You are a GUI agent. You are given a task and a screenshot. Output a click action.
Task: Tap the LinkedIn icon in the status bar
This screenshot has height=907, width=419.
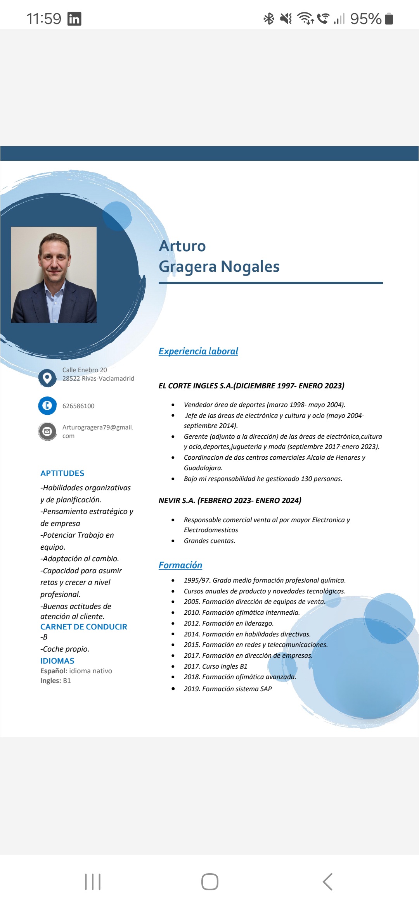pyautogui.click(x=74, y=19)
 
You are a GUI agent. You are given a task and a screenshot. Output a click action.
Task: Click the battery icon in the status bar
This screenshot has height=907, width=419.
pyautogui.click(x=389, y=19)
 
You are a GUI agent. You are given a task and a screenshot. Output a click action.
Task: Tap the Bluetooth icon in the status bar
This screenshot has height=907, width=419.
pyautogui.click(x=268, y=19)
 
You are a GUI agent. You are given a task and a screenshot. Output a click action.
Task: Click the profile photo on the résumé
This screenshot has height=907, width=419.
pyautogui.click(x=54, y=274)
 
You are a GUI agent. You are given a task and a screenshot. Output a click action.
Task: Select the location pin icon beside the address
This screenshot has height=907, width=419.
pyautogui.click(x=47, y=378)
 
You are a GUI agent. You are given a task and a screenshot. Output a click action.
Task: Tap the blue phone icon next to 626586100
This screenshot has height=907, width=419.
pyautogui.click(x=47, y=405)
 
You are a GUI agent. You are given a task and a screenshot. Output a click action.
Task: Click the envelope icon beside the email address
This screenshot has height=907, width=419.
pyautogui.click(x=47, y=431)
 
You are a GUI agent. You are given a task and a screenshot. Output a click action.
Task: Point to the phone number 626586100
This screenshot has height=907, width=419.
pyautogui.click(x=78, y=406)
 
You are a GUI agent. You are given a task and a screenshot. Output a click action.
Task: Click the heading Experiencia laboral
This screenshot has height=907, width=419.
pyautogui.click(x=198, y=351)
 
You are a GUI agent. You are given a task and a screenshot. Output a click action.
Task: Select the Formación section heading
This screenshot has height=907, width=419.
pyautogui.click(x=180, y=565)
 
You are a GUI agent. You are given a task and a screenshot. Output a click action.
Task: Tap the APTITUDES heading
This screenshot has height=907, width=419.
pyautogui.click(x=62, y=473)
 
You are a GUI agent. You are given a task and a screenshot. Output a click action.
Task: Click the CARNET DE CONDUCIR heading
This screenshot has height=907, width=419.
pyautogui.click(x=83, y=627)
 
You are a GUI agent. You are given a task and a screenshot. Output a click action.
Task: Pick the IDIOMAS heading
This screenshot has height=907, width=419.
pyautogui.click(x=57, y=661)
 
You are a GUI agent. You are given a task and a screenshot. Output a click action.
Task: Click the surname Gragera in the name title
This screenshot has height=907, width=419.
pyautogui.click(x=187, y=267)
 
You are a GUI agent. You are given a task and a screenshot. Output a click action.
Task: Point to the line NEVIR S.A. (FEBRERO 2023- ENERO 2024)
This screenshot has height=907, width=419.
pyautogui.click(x=230, y=500)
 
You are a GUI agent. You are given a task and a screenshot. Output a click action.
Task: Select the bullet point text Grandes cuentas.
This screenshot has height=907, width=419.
pyautogui.click(x=209, y=541)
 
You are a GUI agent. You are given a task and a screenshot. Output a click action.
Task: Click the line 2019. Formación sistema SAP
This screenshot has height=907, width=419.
pyautogui.click(x=228, y=689)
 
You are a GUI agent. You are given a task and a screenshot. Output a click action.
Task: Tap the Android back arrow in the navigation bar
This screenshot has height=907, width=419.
pyautogui.click(x=327, y=882)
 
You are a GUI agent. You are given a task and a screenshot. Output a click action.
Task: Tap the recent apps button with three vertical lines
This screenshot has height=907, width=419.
pyautogui.click(x=93, y=882)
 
